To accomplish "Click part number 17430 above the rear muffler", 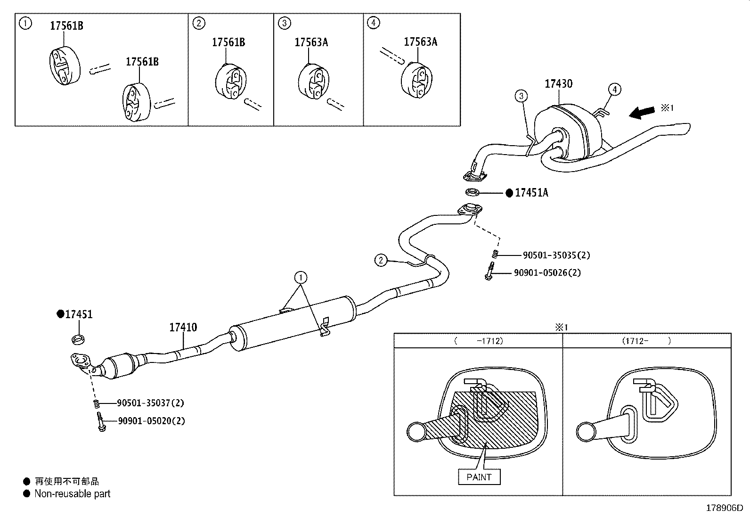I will (x=558, y=84).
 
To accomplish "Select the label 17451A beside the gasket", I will (x=531, y=193).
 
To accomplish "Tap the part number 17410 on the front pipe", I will (x=183, y=327).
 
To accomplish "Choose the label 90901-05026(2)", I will (x=547, y=272).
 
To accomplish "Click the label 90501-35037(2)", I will (x=150, y=403).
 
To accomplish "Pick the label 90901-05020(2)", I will (x=151, y=421).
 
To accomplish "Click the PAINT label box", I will (x=479, y=477).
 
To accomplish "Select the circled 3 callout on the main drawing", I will (x=521, y=96).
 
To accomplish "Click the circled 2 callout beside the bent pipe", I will (x=381, y=260).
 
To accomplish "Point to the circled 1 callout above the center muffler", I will (x=301, y=277).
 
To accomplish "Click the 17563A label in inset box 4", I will (x=420, y=42).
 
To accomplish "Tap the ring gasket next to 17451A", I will (x=472, y=192).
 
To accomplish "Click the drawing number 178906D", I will (x=724, y=509).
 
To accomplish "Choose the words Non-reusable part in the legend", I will (x=72, y=493).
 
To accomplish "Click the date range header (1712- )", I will (x=646, y=340).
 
